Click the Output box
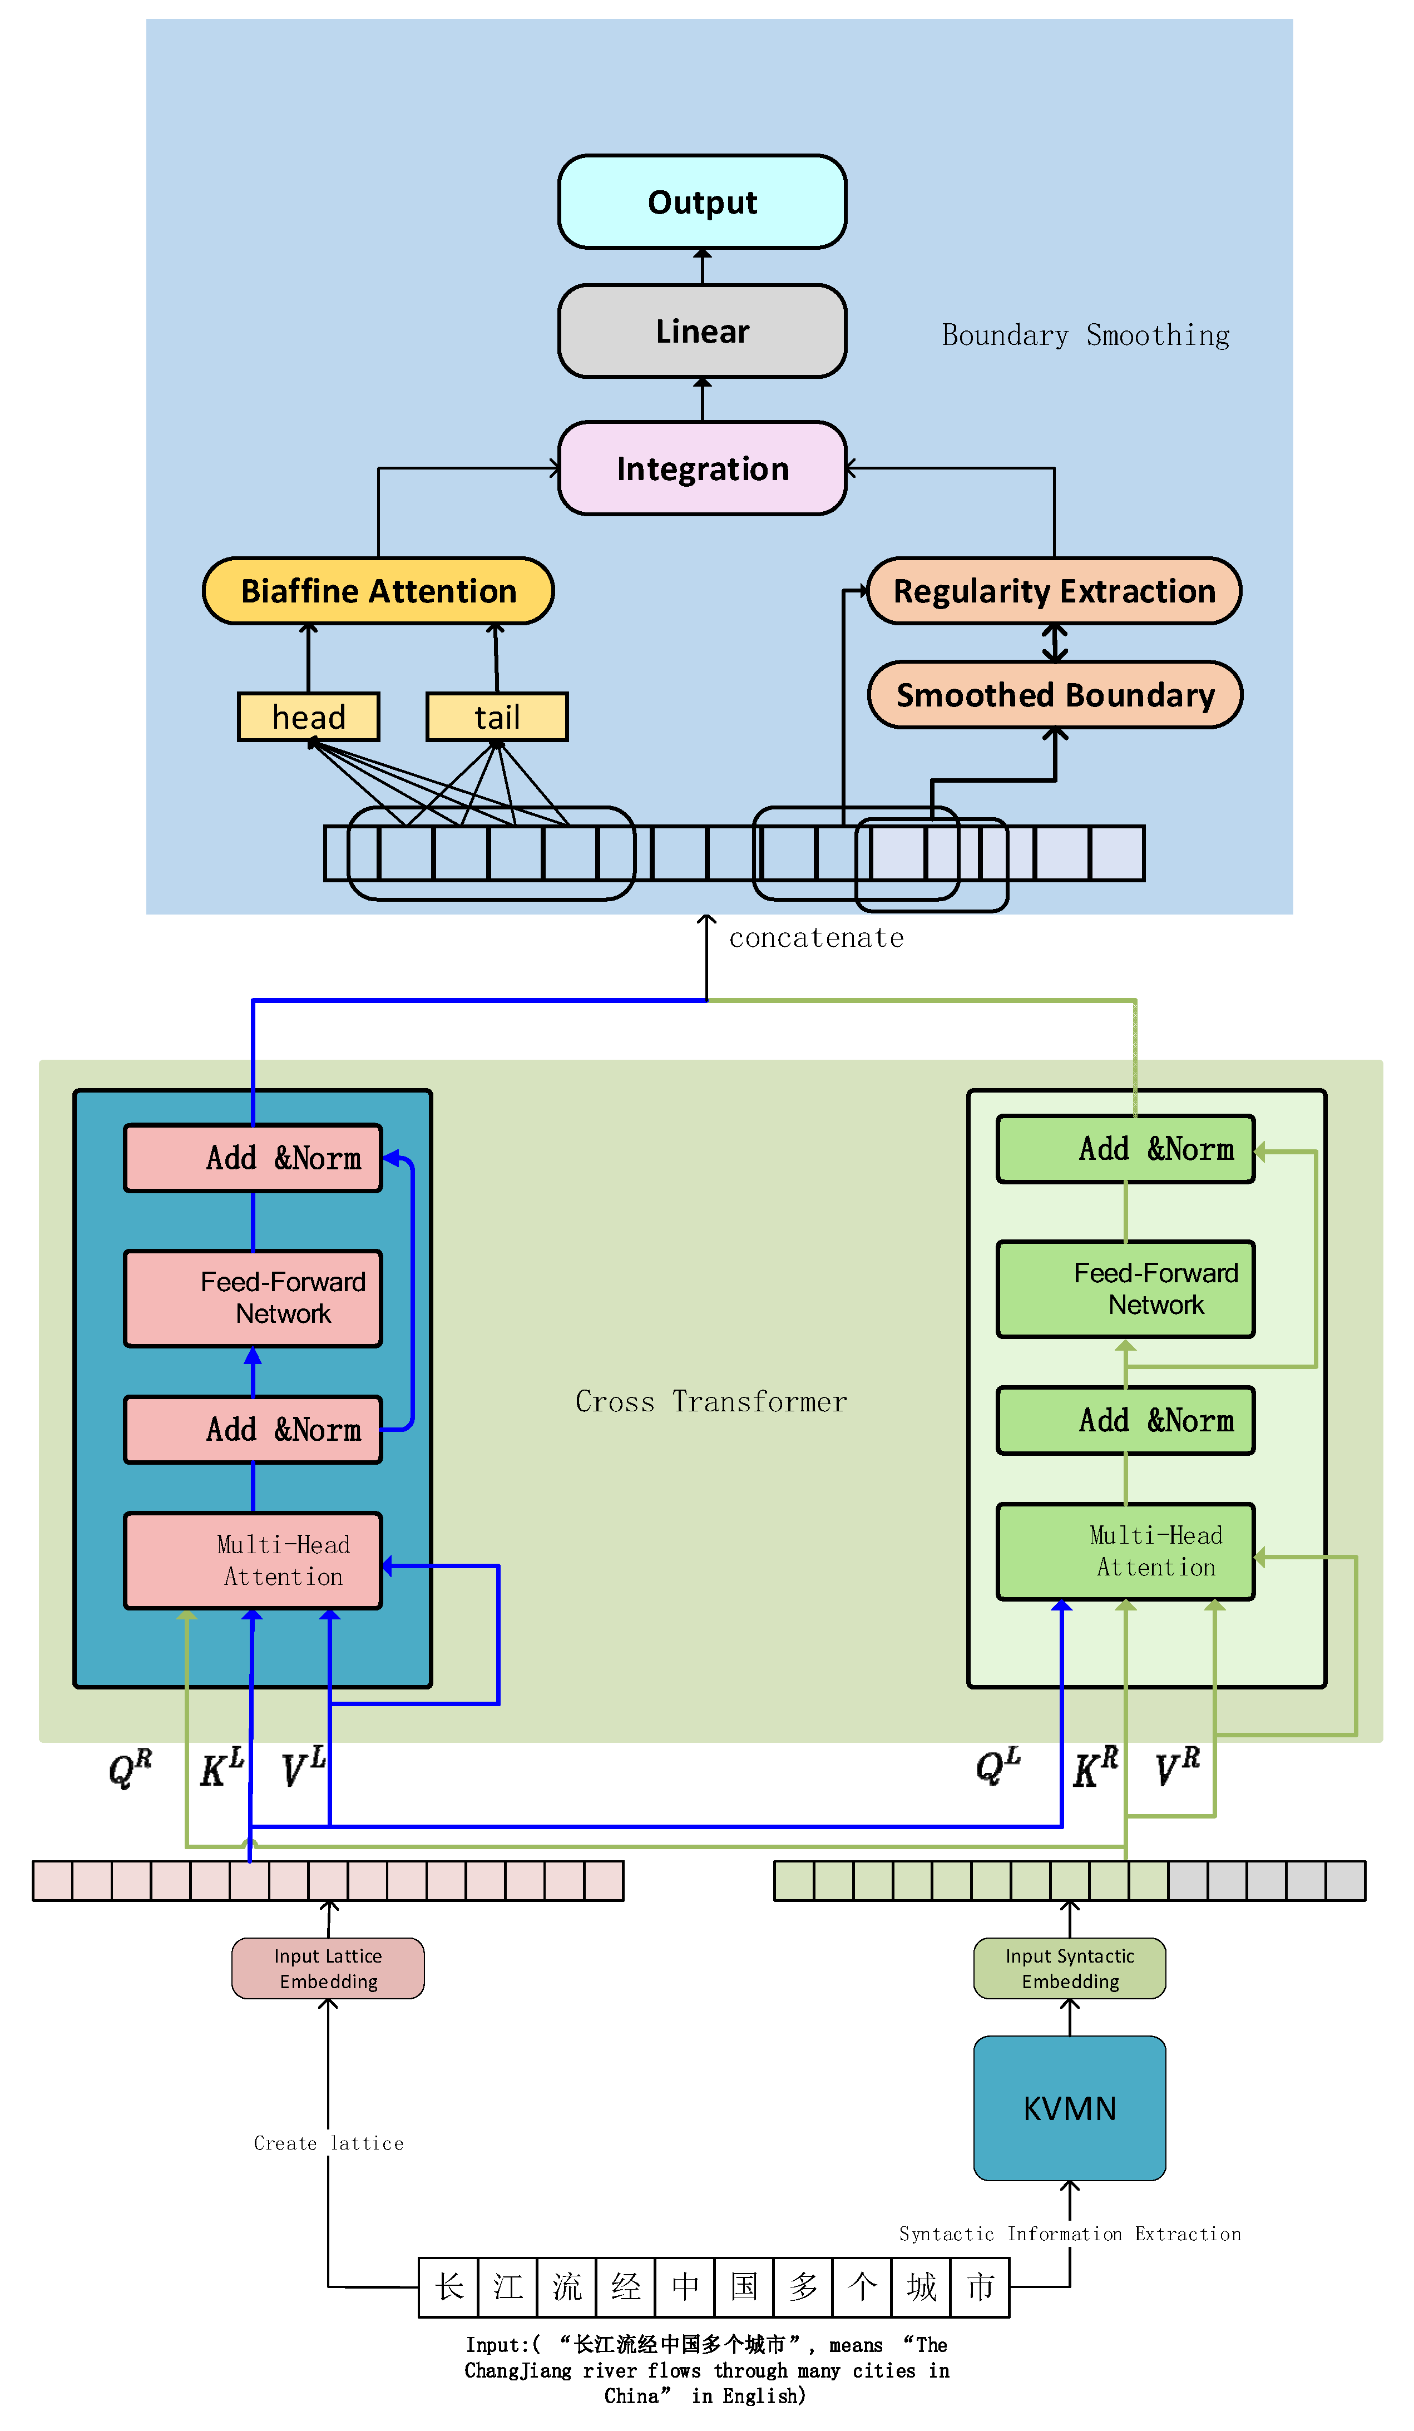701,201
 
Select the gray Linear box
701,331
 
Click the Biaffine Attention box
378,590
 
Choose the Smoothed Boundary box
1054,695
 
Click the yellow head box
309,717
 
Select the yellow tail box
497,717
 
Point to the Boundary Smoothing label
1085,335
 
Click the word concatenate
816,938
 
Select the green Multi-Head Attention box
1126,1550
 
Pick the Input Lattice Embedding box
328,1968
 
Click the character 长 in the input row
448,2286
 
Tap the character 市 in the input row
980,2286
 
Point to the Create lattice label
328,2142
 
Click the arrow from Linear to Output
702,266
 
